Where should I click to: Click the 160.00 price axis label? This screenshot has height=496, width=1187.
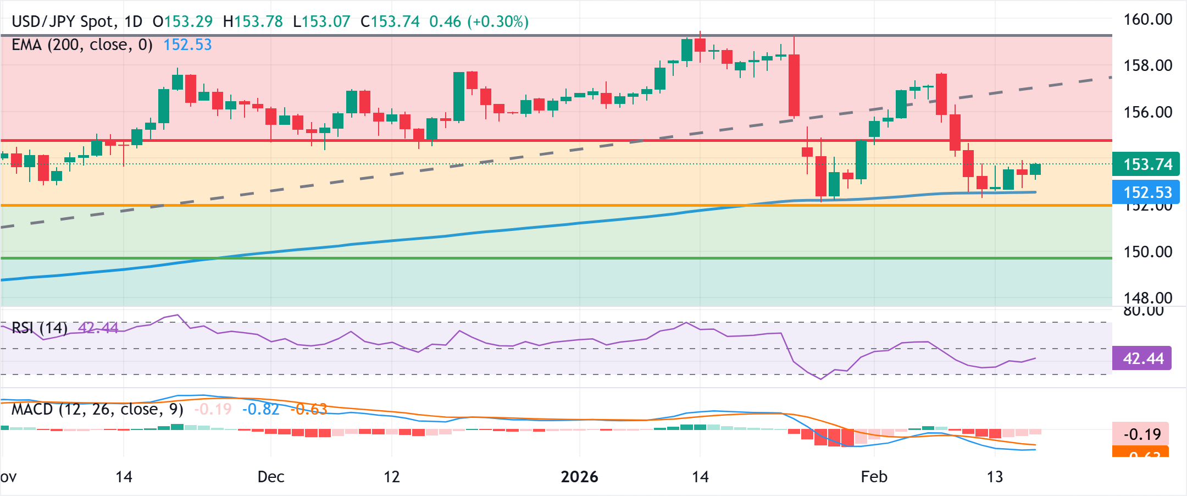(1147, 20)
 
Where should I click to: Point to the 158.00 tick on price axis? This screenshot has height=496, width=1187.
(1147, 65)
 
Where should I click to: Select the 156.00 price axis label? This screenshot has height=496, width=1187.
(1147, 112)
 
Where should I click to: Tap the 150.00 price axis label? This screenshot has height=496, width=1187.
(1147, 252)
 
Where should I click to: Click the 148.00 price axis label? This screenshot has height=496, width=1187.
(1147, 298)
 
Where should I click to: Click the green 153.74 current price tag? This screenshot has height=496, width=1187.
(1146, 164)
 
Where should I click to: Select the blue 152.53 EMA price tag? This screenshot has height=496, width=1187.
(1146, 192)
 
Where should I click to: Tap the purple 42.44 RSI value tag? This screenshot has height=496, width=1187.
(1142, 359)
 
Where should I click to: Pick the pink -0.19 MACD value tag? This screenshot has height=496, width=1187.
(1141, 434)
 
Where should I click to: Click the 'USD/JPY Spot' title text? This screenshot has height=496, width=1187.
(63, 22)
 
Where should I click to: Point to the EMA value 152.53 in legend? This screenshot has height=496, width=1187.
(187, 45)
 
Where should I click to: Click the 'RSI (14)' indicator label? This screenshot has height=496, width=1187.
(40, 328)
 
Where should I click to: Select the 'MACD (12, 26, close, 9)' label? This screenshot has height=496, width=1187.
(97, 410)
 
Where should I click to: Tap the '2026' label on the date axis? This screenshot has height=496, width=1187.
(579, 477)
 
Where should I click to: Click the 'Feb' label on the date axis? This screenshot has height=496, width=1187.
(874, 477)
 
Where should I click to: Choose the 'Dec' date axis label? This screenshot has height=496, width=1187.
(270, 477)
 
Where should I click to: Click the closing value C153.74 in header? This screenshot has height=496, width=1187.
(390, 22)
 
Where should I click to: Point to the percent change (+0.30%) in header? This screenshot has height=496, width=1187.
(498, 22)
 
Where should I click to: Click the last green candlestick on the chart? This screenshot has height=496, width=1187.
(1035, 169)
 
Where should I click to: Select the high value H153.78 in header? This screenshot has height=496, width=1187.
(253, 22)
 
